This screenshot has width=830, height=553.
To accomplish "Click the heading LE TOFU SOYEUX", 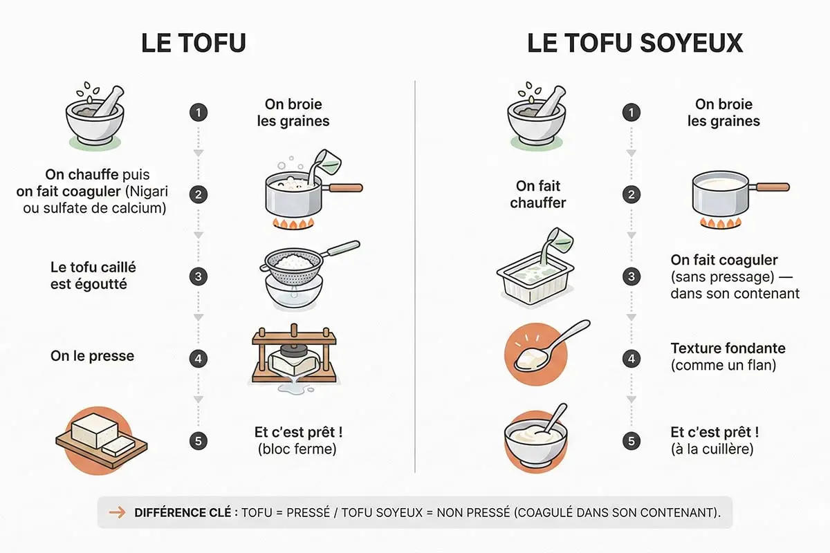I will point(634,43).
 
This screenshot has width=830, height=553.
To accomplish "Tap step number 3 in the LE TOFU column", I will point(199,276).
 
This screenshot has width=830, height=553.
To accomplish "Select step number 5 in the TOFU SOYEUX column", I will point(630,440).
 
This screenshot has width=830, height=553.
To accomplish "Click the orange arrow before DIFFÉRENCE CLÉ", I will point(118,512).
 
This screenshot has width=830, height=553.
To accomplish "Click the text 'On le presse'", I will point(92,357).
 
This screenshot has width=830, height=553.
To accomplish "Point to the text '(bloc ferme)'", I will point(297,449).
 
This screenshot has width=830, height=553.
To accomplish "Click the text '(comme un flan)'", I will point(723,365).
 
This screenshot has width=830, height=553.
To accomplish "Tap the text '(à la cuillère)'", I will point(712,449).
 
